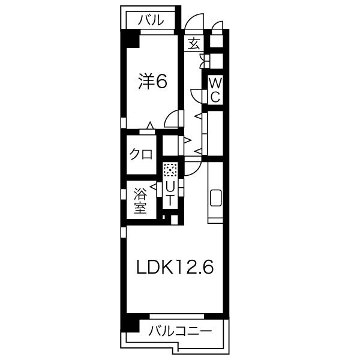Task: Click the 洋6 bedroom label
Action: point(152,82)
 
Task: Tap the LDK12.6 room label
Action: point(175,267)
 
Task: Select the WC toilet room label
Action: point(215,90)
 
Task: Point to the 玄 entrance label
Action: point(194,44)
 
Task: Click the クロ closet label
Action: point(141,154)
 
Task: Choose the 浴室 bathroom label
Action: point(140,200)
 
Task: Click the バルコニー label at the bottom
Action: point(180,331)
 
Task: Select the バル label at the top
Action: point(151,20)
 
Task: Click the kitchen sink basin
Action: point(216,197)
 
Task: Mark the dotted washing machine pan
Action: point(170,170)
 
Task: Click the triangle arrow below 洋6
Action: point(150,125)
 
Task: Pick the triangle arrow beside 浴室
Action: point(154,187)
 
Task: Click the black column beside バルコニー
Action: point(130,325)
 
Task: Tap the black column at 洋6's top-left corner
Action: point(130,38)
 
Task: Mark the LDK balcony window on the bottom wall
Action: point(177,316)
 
